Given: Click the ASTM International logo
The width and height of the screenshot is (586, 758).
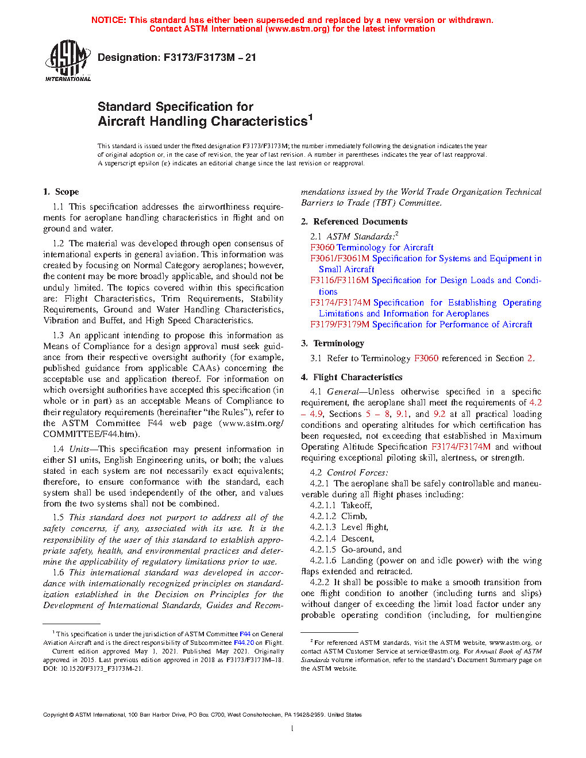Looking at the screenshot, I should [68, 60].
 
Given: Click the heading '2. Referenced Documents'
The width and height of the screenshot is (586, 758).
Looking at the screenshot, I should [354, 222].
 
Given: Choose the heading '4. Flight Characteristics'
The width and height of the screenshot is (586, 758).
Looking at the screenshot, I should [352, 377].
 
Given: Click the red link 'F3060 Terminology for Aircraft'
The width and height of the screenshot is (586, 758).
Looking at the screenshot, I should [372, 247].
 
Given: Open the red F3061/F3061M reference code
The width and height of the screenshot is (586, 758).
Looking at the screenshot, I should [340, 258].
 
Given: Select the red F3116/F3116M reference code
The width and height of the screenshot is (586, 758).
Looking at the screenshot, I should [340, 280].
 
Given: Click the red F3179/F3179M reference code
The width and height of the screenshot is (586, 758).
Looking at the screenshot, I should [340, 324].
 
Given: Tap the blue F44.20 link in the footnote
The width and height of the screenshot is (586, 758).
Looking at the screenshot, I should [244, 643].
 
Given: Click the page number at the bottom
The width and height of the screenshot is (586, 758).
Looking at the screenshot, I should [292, 729].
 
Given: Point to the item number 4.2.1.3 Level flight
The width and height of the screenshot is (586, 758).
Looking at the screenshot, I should [323, 527].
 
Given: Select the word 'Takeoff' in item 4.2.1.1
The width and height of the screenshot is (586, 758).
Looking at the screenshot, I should [356, 505].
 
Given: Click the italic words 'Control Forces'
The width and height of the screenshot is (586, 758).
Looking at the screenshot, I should [357, 473].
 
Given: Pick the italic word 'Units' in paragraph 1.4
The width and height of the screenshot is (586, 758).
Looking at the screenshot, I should [79, 449].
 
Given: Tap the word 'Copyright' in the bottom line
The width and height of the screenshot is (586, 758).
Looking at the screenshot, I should [56, 715].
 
